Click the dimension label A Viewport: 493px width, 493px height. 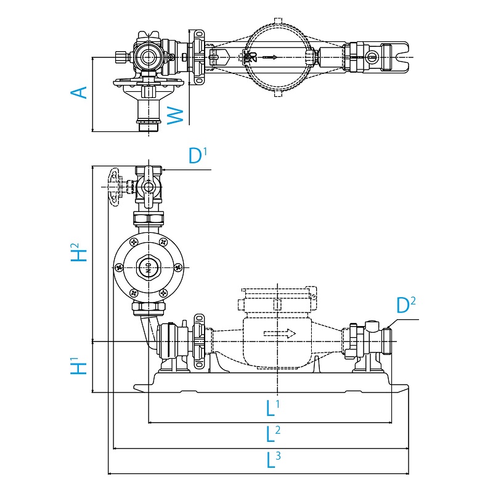point(78,92)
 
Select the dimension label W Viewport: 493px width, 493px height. point(176,114)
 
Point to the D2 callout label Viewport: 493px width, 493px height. point(405,305)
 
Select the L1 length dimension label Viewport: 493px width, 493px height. point(273,407)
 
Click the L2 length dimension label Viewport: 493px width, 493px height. point(273,433)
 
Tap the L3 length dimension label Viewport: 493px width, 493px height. point(273,460)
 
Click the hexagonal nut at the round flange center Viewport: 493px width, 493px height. point(148,267)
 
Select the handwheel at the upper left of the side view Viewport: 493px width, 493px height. point(113,186)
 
